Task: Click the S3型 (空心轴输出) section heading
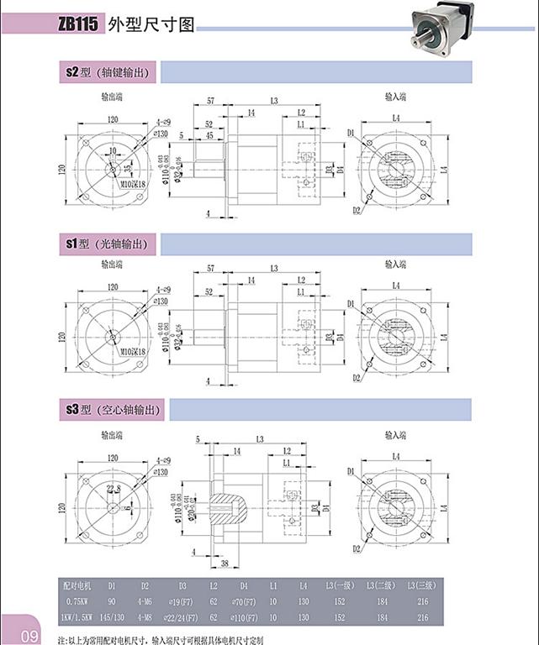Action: tap(113, 410)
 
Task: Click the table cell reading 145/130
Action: tap(112, 617)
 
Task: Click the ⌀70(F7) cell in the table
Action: tap(244, 601)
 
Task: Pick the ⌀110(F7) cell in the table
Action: tap(244, 617)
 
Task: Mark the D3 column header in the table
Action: tap(182, 585)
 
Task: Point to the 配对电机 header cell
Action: tap(81, 585)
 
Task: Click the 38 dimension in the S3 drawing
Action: tap(225, 564)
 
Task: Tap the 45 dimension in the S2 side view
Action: tap(209, 134)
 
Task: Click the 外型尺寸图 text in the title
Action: tap(152, 25)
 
